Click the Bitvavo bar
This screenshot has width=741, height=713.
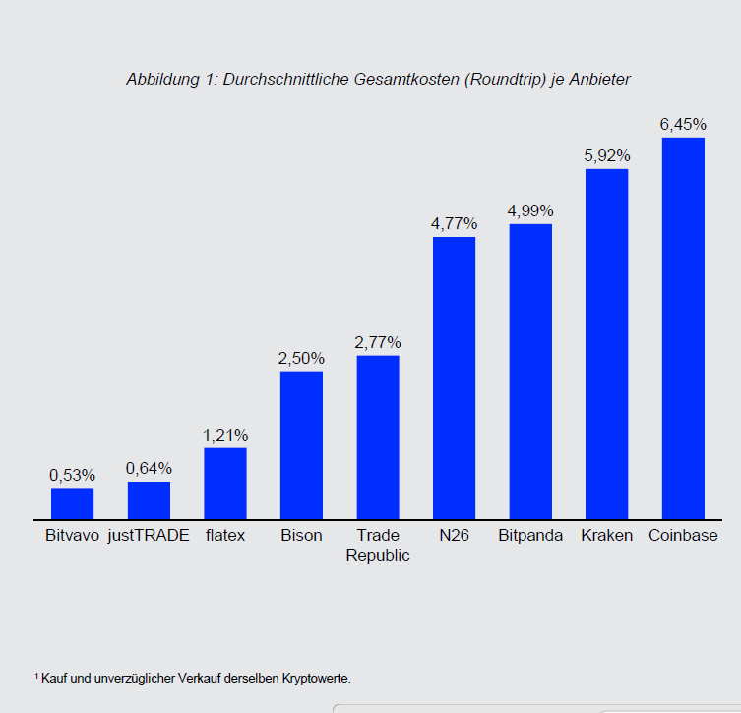pyautogui.click(x=72, y=503)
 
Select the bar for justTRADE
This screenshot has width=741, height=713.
pyautogui.click(x=149, y=500)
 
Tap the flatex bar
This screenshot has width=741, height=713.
pyautogui.click(x=225, y=483)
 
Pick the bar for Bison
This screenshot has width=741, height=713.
pyautogui.click(x=301, y=445)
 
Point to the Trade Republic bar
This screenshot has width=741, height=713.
pyautogui.click(x=378, y=437)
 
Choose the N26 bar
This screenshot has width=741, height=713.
pyautogui.click(x=454, y=378)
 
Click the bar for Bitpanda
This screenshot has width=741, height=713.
pyautogui.click(x=530, y=371)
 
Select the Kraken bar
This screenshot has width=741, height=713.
pyautogui.click(x=606, y=343)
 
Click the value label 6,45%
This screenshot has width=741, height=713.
pyautogui.click(x=683, y=124)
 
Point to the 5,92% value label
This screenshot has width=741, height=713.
pyautogui.click(x=606, y=155)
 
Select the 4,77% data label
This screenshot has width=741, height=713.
pyautogui.click(x=454, y=223)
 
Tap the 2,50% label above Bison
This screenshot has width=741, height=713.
pyautogui.click(x=301, y=358)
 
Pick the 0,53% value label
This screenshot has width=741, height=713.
pyautogui.click(x=72, y=475)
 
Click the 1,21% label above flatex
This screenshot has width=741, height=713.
pyautogui.click(x=225, y=435)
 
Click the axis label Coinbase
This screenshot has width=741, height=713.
pyautogui.click(x=683, y=536)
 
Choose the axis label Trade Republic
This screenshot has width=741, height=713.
pyautogui.click(x=378, y=545)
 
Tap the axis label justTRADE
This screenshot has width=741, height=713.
pyautogui.click(x=149, y=536)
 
